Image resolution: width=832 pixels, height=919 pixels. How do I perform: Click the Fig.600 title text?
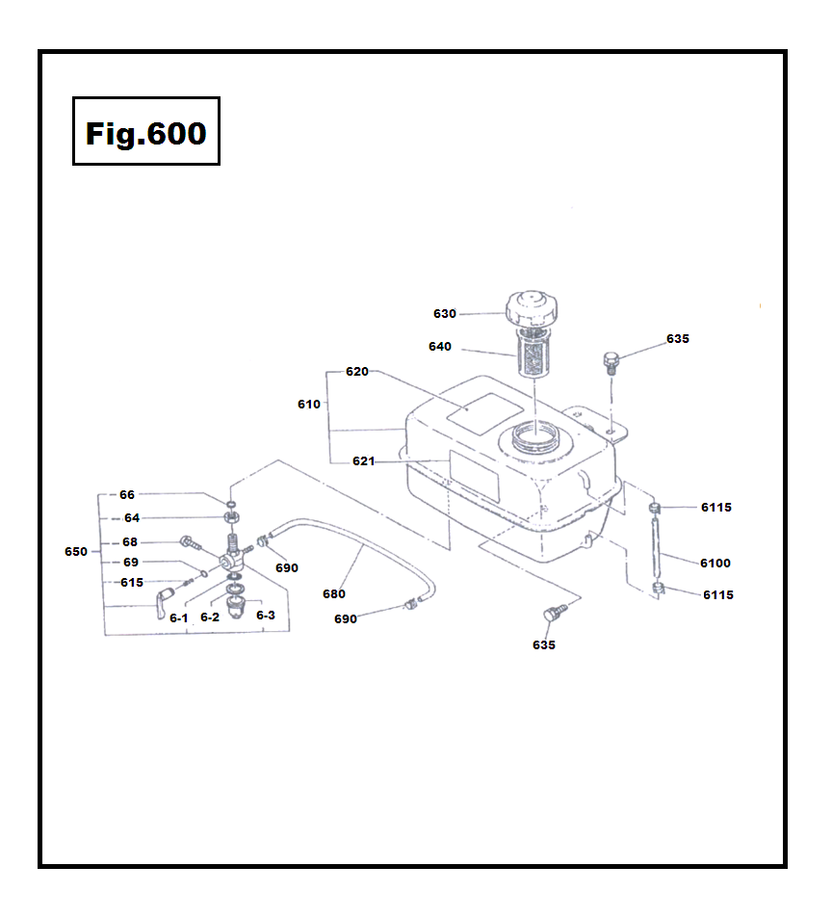145,133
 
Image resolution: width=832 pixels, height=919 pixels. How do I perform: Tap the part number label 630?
444,314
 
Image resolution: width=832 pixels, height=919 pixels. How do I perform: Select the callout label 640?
439,347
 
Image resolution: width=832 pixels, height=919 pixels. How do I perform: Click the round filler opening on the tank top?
535,441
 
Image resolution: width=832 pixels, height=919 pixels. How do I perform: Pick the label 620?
356,372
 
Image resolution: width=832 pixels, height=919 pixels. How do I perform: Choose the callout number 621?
363,461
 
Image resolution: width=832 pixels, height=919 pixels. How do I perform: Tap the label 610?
308,405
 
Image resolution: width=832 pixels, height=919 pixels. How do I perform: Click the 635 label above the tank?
677,339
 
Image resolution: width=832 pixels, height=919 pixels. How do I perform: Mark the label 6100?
715,563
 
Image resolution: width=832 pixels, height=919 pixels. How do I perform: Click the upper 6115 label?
716,508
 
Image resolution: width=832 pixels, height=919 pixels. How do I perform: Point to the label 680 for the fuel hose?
333,594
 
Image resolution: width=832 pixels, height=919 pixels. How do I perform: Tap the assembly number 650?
76,552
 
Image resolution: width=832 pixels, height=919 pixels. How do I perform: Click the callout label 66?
127,494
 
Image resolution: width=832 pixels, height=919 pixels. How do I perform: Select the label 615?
131,582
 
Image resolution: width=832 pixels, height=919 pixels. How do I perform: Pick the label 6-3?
266,615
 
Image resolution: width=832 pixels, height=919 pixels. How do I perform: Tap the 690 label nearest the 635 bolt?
345,619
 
